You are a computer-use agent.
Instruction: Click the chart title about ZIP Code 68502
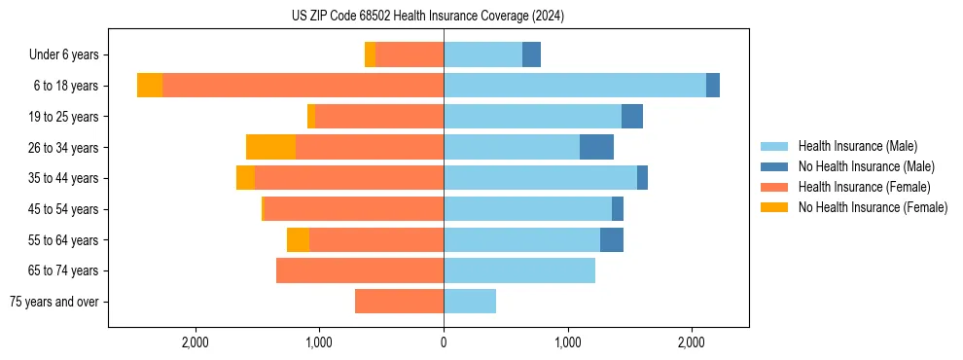pos(427,17)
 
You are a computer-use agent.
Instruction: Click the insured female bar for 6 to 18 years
pos(303,86)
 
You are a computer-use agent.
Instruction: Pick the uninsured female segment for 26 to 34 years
pos(270,147)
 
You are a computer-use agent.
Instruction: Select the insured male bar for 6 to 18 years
pos(575,86)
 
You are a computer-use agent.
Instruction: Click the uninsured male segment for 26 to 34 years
pos(596,147)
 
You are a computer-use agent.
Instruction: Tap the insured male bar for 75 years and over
pos(470,302)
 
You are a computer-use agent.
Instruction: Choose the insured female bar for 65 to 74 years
pos(360,270)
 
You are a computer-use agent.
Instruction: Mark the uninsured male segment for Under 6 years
pos(531,54)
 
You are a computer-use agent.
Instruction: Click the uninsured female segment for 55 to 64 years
pos(298,239)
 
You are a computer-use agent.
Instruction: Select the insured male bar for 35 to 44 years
pos(540,178)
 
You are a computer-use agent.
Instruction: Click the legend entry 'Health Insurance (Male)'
pos(857,146)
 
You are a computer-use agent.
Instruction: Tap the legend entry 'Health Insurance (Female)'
pos(864,187)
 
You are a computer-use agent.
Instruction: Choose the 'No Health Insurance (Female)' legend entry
pos(873,207)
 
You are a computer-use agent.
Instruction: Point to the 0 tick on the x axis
pos(444,342)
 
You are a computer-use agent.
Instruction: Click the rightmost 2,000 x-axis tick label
pos(692,342)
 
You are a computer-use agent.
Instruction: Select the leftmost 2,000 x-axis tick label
pos(196,342)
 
